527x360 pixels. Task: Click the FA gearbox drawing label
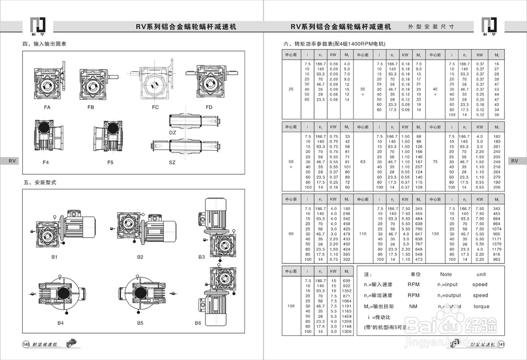(47, 107)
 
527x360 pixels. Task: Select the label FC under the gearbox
(155, 107)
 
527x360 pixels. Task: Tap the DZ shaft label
(172, 133)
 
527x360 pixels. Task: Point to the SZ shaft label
(172, 162)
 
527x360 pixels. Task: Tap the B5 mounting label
(140, 322)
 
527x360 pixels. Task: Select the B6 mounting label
(198, 322)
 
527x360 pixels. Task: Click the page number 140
(25, 344)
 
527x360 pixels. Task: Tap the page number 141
(501, 344)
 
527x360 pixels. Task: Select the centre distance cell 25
(291, 89)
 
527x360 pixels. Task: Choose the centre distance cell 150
(291, 306)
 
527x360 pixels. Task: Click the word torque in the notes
(481, 306)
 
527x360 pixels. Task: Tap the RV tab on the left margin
(9, 161)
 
